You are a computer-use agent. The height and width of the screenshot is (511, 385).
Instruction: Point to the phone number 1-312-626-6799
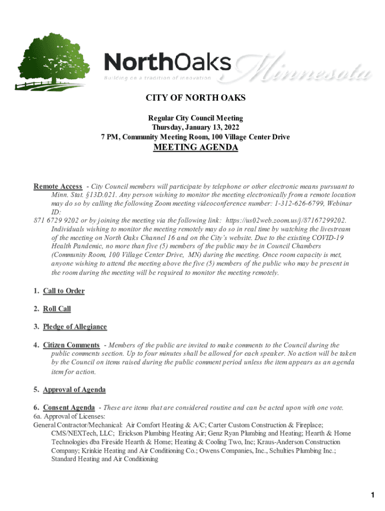coord(301,204)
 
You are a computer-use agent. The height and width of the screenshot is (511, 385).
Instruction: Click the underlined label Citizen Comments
coord(71,345)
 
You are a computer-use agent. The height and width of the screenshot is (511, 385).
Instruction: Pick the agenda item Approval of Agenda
coord(74,390)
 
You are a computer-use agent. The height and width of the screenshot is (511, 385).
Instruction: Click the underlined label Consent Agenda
coord(68,408)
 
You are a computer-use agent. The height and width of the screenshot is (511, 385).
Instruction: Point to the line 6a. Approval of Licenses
coord(69,416)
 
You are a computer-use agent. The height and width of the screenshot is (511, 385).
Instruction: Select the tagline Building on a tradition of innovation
coord(157,78)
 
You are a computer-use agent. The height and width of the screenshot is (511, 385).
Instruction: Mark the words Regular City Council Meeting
coord(195,118)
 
